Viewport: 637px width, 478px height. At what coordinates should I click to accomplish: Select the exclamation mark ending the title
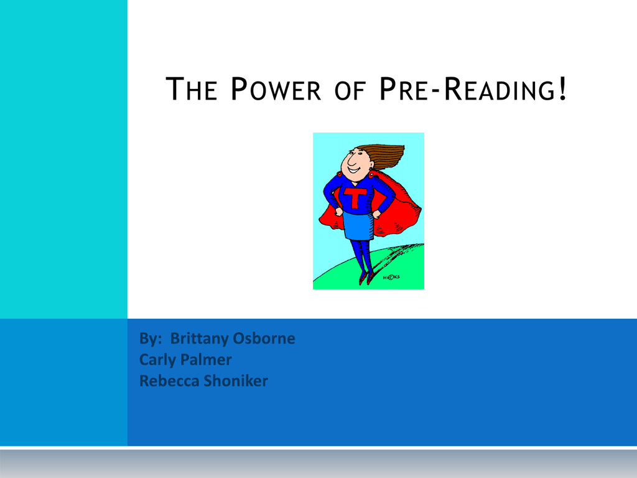tap(562, 88)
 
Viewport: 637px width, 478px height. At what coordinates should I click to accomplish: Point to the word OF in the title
tap(350, 90)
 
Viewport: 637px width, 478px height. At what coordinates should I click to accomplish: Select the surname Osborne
tap(264, 338)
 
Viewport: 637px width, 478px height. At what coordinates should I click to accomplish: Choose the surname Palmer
tap(206, 359)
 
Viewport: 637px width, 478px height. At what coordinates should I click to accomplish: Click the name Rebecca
tap(169, 381)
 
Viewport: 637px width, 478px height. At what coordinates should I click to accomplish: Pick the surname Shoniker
tap(236, 381)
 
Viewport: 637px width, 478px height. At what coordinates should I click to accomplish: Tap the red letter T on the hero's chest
tap(355, 197)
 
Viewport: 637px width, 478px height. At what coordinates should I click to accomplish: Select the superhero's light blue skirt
tap(358, 226)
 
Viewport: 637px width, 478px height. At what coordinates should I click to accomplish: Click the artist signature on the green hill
tap(391, 277)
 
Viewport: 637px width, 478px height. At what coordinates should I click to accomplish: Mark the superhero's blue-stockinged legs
tap(361, 256)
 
